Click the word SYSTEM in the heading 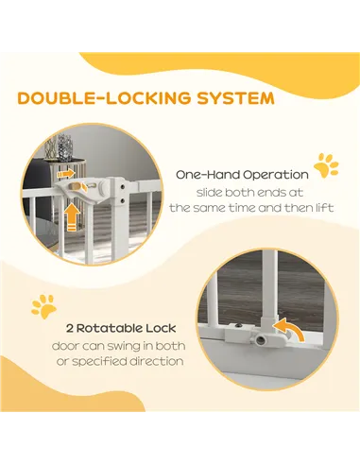pyautogui.click(x=236, y=98)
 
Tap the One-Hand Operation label pyautogui.click(x=242, y=175)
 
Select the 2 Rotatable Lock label pyautogui.click(x=121, y=328)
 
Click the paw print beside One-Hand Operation pyautogui.click(x=326, y=165)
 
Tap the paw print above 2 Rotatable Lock pyautogui.click(x=43, y=306)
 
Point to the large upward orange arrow pyautogui.click(x=72, y=216)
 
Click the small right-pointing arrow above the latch pyautogui.click(x=66, y=174)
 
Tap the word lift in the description pyautogui.click(x=325, y=208)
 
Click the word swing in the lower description pyautogui.click(x=126, y=347)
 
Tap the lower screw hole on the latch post pyautogui.click(x=122, y=199)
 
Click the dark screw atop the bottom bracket pyautogui.click(x=240, y=326)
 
